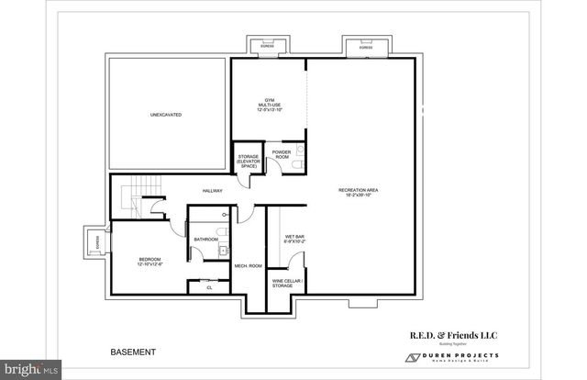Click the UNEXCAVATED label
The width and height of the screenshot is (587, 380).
(166, 115)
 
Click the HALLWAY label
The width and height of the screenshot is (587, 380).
(213, 191)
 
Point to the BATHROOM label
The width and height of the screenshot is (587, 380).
(205, 240)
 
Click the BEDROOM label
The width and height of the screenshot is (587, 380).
(150, 262)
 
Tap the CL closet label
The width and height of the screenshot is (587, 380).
(209, 287)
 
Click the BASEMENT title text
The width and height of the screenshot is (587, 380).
(133, 352)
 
